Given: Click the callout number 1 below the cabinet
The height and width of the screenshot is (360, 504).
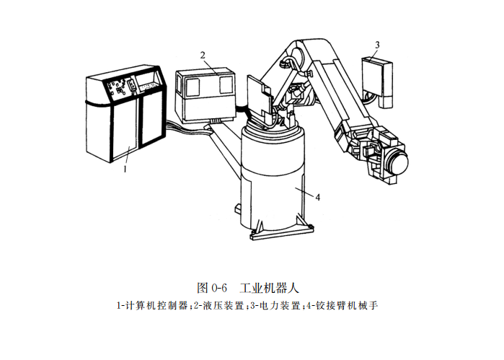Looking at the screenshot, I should coord(125,170).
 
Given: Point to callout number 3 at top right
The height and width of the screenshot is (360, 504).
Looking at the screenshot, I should coord(377,45).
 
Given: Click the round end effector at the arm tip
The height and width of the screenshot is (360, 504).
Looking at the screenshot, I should coord(395,163).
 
